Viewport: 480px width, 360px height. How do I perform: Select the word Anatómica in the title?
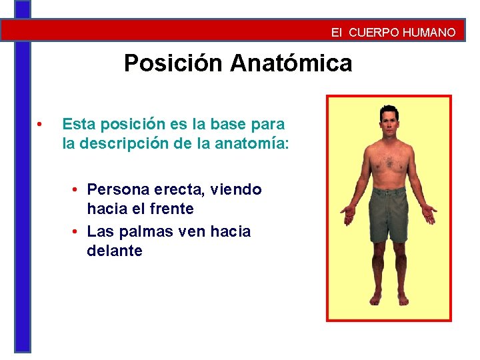pyautogui.click(x=291, y=63)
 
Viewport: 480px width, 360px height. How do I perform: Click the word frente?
pyautogui.click(x=169, y=209)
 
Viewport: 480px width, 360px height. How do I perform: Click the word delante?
pyautogui.click(x=114, y=251)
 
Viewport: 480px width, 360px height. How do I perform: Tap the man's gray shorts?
pyautogui.click(x=389, y=212)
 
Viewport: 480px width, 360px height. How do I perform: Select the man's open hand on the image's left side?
pyautogui.click(x=348, y=215)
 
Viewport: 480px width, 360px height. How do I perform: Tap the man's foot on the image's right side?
pyautogui.click(x=402, y=299)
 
